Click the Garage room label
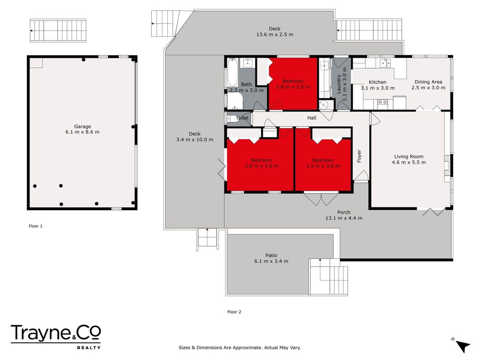[82, 126]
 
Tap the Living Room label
[408, 157]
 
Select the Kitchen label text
[377, 82]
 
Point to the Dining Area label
[428, 82]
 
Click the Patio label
[271, 255]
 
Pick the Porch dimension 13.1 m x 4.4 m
[344, 218]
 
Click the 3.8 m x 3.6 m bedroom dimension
[261, 166]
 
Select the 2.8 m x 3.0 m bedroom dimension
[293, 87]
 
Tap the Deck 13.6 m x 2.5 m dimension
[274, 35]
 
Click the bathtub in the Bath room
[232, 72]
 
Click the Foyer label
[359, 156]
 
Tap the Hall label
[312, 118]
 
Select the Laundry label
[339, 84]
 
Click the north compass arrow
[462, 346]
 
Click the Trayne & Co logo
[56, 333]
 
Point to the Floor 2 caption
[234, 312]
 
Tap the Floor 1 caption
[36, 226]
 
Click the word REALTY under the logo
[89, 348]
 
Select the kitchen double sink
[385, 63]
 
